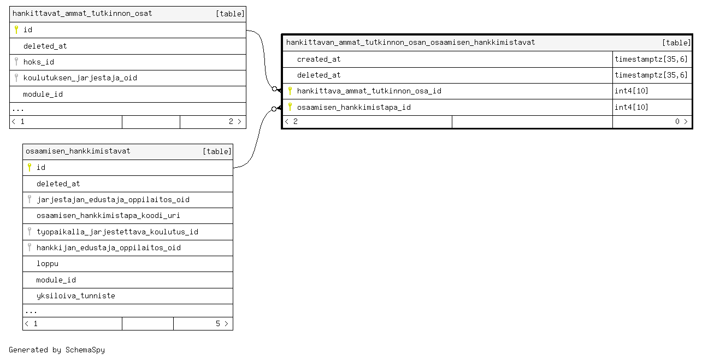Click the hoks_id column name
pyautogui.click(x=39, y=62)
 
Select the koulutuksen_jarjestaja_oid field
pyautogui.click(x=80, y=78)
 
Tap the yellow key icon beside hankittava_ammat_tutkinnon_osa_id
pyautogui.click(x=290, y=91)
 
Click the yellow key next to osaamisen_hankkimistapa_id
pyautogui.click(x=290, y=107)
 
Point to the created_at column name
pyautogui.click(x=318, y=59)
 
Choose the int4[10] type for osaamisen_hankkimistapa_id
pyautogui.click(x=631, y=107)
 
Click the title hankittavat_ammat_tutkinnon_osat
pyautogui.click(x=82, y=14)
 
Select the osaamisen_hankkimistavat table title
pyautogui.click(x=78, y=151)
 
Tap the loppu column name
pyautogui.click(x=48, y=264)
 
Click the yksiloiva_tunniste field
pyautogui.click(x=76, y=296)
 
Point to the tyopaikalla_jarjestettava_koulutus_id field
pyautogui.click(x=117, y=232)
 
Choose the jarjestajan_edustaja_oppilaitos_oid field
pyautogui.click(x=113, y=199)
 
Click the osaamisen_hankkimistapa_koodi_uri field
pyautogui.click(x=108, y=216)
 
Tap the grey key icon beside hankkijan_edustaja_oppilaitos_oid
pyautogui.click(x=30, y=247)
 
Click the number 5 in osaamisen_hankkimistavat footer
pyautogui.click(x=218, y=323)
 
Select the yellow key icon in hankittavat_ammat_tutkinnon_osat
pyautogui.click(x=16, y=29)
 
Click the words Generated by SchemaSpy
pyautogui.click(x=57, y=350)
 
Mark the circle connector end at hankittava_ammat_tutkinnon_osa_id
pyautogui.click(x=275, y=89)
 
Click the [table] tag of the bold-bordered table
pyautogui.click(x=676, y=43)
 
